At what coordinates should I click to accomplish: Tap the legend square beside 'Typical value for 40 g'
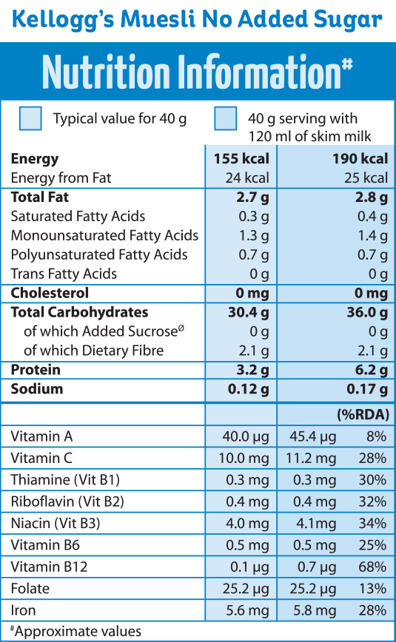click(x=30, y=118)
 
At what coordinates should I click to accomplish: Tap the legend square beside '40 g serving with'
click(x=226, y=118)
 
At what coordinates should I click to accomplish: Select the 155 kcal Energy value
click(x=241, y=159)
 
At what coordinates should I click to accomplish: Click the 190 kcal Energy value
click(x=360, y=159)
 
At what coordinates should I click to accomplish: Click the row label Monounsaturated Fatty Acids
click(x=104, y=236)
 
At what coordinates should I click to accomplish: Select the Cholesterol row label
click(x=50, y=294)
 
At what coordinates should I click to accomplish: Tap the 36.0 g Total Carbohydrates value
click(x=366, y=313)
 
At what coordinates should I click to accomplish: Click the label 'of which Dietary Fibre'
click(x=93, y=351)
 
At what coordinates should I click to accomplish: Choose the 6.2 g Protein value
click(x=371, y=370)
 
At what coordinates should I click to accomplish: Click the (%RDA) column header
click(x=363, y=414)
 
